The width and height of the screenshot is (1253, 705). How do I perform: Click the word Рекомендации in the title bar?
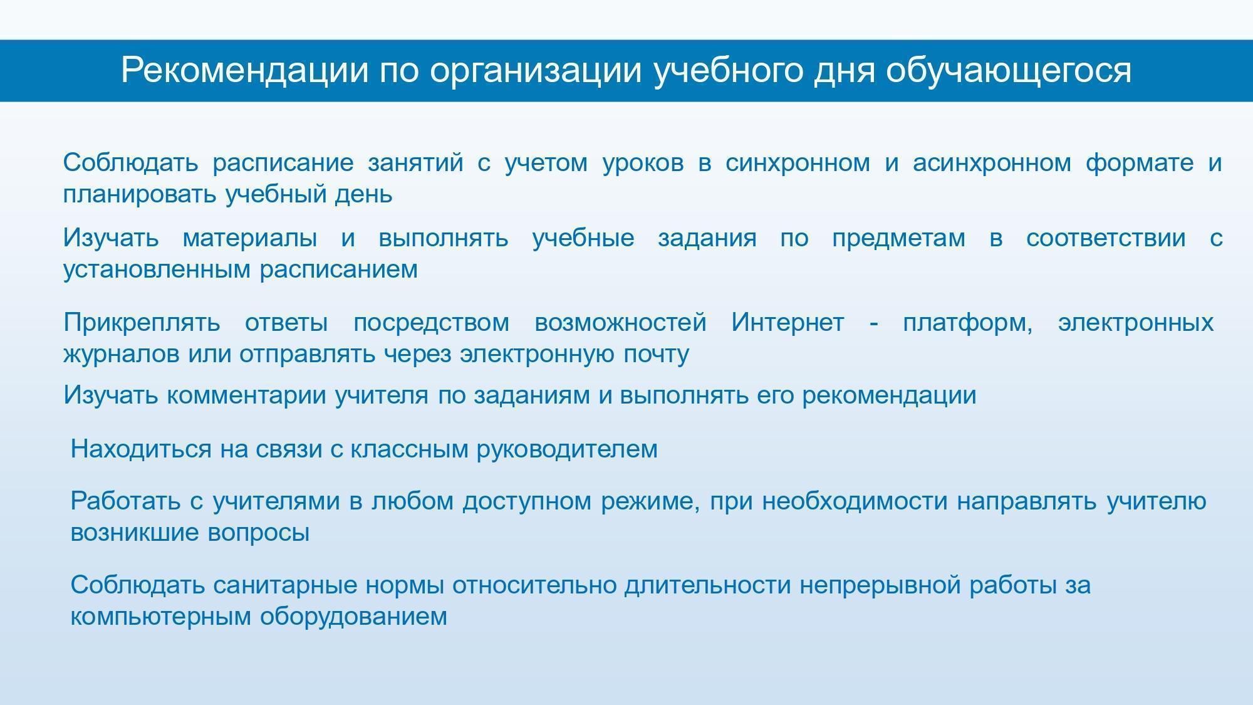[x=245, y=71]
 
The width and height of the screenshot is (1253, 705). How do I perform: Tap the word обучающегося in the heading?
[x=1009, y=71]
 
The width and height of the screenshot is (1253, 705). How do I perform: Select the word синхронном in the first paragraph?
[x=798, y=163]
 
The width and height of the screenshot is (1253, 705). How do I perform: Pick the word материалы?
[x=250, y=238]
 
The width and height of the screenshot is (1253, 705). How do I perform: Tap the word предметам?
[x=898, y=239]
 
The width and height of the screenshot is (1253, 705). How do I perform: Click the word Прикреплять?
[x=142, y=323]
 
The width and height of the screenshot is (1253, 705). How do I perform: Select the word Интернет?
[x=788, y=322]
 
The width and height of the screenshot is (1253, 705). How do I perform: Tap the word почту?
[x=657, y=355]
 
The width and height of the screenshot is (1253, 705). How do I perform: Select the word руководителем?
[x=567, y=450]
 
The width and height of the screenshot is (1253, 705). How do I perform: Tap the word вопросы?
[x=258, y=533]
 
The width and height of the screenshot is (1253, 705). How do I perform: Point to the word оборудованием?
[x=353, y=617]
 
